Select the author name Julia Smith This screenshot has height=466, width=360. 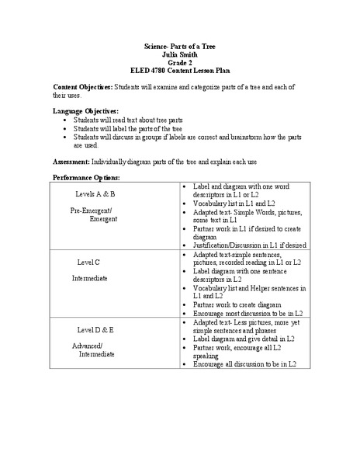180,56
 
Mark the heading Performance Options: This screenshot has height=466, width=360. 86,178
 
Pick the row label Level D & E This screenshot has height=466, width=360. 95,329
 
